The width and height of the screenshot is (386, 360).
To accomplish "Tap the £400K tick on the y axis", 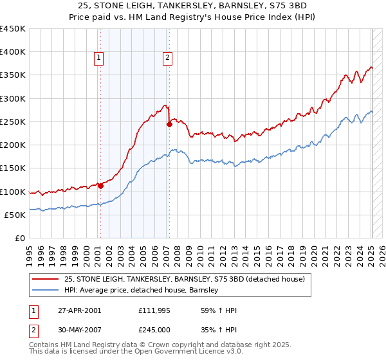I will click(13, 52).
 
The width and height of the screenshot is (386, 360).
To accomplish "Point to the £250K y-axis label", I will click(13, 122).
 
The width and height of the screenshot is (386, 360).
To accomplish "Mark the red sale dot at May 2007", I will click(170, 125).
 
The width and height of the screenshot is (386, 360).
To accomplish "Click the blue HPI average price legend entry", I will click(142, 290).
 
